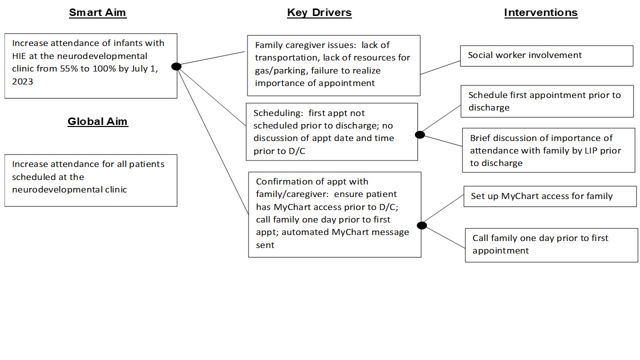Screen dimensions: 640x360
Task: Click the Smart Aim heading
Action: click(97, 12)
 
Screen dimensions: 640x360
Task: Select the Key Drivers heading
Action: click(319, 13)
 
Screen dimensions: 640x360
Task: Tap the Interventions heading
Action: click(540, 12)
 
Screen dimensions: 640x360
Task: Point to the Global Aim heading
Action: click(97, 121)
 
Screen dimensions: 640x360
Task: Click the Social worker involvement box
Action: click(546, 56)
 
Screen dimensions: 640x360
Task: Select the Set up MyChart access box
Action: click(550, 196)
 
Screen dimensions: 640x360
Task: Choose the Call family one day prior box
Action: click(551, 245)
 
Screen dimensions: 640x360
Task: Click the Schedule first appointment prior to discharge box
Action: click(547, 101)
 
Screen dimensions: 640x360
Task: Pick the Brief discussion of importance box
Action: click(548, 150)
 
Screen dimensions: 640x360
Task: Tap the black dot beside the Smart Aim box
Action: click(176, 66)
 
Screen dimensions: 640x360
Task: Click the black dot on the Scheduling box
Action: click(419, 135)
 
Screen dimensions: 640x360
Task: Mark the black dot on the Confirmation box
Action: click(421, 225)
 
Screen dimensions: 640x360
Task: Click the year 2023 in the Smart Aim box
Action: click(22, 81)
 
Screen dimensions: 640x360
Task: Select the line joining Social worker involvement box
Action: click(440, 67)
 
